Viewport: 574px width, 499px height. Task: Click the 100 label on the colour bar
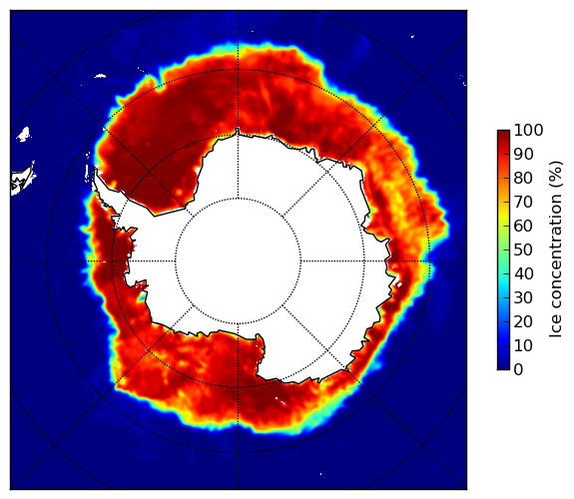click(x=528, y=130)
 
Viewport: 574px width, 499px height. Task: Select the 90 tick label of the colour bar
click(x=523, y=154)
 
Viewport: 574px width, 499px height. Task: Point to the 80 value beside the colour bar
click(x=523, y=178)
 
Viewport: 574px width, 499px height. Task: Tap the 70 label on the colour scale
click(x=523, y=202)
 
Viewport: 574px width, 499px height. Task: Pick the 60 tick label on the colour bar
click(x=523, y=226)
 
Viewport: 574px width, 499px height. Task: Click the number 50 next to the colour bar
click(x=523, y=249)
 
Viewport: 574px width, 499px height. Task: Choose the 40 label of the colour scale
click(x=523, y=273)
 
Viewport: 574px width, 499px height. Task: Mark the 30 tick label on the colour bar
click(x=523, y=297)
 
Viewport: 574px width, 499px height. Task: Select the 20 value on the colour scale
click(x=523, y=321)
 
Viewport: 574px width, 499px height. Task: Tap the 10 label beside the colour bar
click(x=523, y=345)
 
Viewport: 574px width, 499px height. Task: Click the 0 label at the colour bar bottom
click(x=518, y=369)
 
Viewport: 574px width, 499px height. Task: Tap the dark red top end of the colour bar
click(x=503, y=133)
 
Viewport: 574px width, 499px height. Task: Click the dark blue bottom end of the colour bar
click(x=503, y=366)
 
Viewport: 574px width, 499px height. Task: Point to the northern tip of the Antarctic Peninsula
click(x=96, y=171)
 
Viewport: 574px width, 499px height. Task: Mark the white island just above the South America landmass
click(x=24, y=134)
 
